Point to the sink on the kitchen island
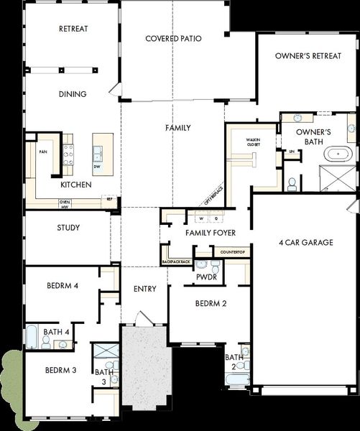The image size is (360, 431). (97, 152)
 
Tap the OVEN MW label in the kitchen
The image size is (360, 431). (65, 204)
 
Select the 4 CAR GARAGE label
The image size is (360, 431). (305, 243)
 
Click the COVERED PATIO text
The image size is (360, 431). (172, 38)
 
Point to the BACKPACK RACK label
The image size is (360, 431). (177, 262)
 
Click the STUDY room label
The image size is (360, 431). (68, 228)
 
